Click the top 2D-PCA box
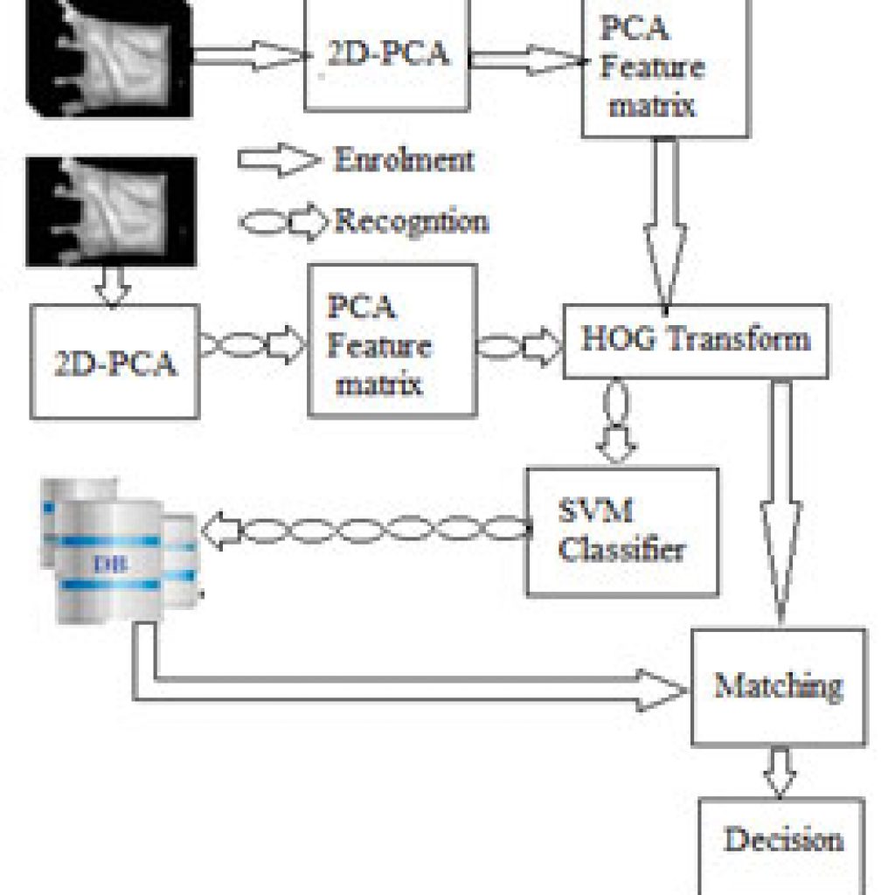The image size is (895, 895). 387,54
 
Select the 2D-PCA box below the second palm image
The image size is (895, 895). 114,362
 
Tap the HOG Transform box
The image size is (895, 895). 696,342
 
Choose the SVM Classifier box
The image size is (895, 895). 622,532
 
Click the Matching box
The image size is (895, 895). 779,687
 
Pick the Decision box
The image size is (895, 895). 782,846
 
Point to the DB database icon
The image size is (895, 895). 121,551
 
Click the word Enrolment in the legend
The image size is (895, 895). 404,159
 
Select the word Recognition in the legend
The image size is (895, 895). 412,221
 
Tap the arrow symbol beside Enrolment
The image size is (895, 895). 279,159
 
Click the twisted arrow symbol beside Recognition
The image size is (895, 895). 284,222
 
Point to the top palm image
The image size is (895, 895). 108,58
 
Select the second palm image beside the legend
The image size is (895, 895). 111,212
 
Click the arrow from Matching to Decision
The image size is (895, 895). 780,772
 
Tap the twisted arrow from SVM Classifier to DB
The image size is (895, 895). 366,530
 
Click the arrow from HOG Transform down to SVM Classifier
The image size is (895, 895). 616,422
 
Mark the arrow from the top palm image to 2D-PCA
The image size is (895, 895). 250,56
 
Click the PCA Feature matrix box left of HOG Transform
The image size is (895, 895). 392,341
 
